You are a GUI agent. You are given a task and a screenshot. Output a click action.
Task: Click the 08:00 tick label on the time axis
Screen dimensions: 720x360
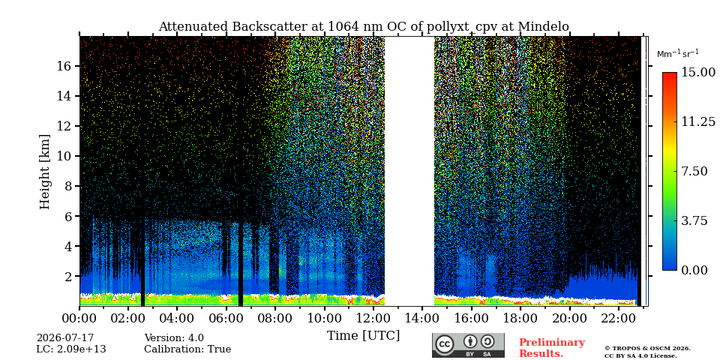[x=275, y=318]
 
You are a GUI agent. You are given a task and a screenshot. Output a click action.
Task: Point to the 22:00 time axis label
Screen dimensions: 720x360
[x=618, y=318]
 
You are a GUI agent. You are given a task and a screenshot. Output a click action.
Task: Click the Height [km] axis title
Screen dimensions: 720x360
[x=44, y=172]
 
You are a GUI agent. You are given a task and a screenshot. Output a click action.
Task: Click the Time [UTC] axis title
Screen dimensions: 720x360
[x=363, y=336]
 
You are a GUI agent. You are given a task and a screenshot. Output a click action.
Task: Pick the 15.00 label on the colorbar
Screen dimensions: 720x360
[x=698, y=73]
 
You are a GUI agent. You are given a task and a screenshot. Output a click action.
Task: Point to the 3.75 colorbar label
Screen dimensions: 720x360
[x=694, y=220]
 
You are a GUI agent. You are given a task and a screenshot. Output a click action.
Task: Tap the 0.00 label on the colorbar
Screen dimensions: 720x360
[x=694, y=271]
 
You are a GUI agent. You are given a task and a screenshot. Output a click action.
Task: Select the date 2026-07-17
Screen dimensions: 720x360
[x=65, y=338]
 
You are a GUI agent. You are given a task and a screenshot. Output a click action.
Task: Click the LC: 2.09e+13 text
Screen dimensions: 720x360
[x=71, y=349]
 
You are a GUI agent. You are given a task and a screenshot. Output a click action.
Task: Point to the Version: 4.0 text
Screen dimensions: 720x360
[x=174, y=338]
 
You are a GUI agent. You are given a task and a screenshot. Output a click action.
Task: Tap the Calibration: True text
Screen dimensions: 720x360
[x=187, y=349]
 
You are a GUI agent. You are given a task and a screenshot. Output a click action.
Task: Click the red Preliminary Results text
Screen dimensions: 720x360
[x=552, y=348]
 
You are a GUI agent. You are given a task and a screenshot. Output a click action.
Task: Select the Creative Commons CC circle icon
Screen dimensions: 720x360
[x=444, y=345]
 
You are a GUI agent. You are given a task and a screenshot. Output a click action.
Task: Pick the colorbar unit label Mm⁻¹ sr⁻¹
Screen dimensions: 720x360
[x=678, y=54]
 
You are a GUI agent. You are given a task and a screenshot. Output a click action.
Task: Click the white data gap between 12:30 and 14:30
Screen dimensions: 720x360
[x=409, y=171]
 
